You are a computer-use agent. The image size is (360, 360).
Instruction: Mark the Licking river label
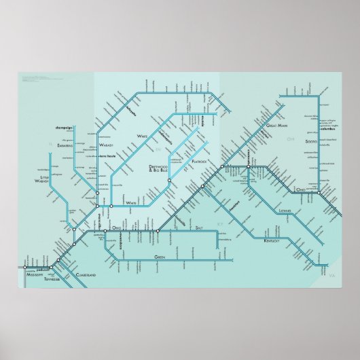(285, 211)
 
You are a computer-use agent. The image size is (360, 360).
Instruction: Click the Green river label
(160, 257)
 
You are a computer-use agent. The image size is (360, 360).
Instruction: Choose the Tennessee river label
(52, 278)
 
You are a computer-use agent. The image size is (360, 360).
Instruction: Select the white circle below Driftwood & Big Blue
(169, 181)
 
